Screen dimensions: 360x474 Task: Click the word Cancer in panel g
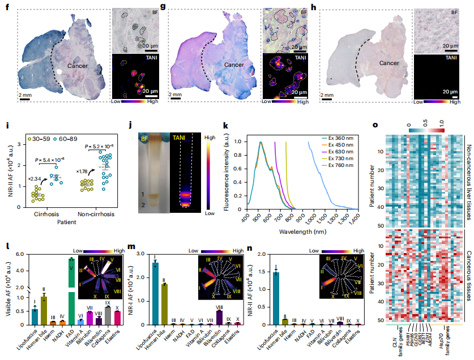pyautogui.click(x=234, y=65)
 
